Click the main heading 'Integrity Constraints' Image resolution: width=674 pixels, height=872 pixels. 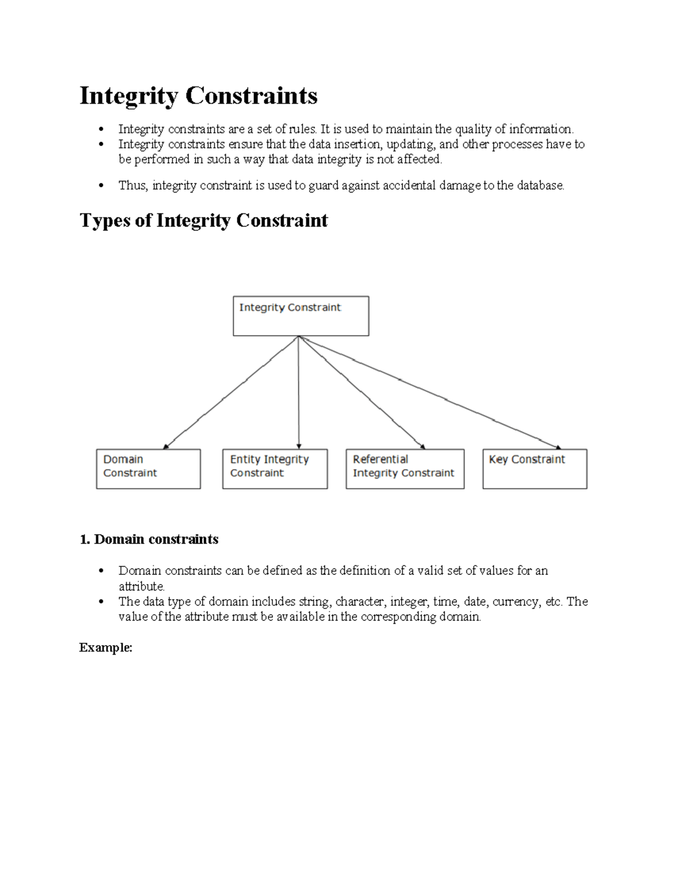198,95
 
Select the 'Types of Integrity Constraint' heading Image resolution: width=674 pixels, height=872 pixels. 203,220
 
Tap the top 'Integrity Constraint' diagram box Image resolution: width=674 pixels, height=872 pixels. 300,316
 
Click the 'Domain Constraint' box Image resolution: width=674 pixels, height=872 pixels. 148,468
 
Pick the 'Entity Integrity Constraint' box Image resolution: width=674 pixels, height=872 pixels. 275,468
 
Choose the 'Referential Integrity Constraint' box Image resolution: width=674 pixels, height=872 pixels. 404,468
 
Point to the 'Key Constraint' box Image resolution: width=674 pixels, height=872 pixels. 534,468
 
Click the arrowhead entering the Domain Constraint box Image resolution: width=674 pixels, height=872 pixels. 166,446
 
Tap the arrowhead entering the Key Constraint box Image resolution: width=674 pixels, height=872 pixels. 558,447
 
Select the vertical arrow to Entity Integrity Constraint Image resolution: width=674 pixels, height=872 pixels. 299,393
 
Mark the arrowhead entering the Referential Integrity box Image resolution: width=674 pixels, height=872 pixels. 422,446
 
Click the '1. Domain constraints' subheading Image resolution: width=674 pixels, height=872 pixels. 149,540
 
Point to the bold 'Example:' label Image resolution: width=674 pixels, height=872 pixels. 106,647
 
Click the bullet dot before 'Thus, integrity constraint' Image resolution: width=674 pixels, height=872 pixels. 101,186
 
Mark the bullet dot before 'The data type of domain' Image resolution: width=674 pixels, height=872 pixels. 101,602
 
